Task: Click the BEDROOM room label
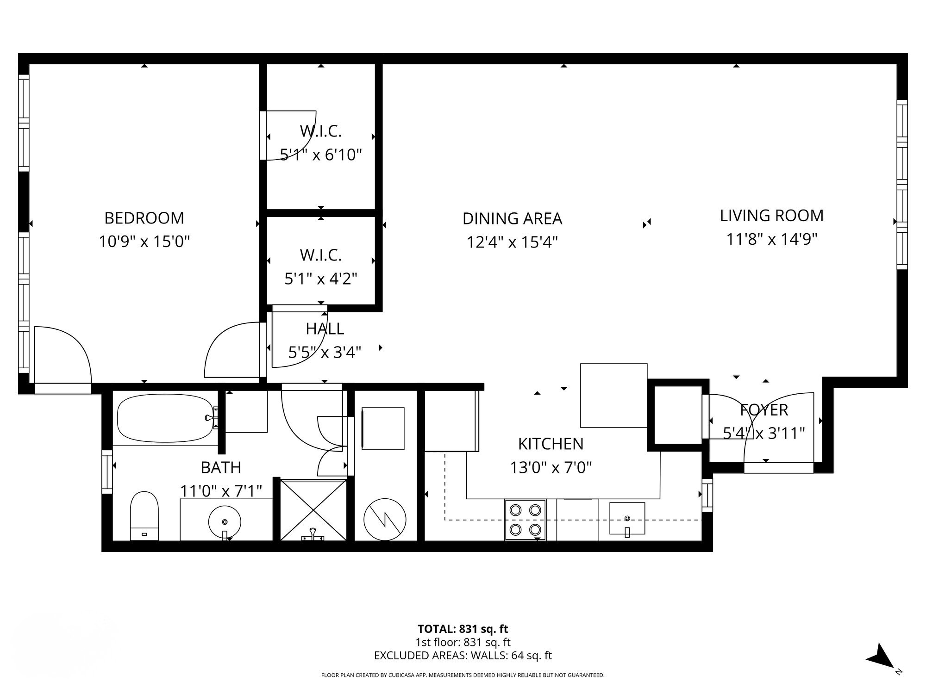tap(144, 218)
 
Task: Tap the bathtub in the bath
tap(165, 418)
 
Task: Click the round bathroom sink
tap(225, 521)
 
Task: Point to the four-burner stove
tap(526, 520)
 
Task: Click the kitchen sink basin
tap(627, 518)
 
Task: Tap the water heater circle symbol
tap(385, 520)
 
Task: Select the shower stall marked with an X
tap(313, 510)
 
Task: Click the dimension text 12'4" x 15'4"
tap(512, 242)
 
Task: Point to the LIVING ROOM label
tap(771, 216)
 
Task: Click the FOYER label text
tap(763, 410)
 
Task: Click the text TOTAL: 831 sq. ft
tap(463, 629)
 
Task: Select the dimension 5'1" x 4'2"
tap(321, 279)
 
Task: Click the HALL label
tap(325, 329)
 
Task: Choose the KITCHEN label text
tap(551, 444)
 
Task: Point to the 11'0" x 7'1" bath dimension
tap(221, 490)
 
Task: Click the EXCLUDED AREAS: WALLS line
tap(463, 656)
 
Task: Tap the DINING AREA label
tap(512, 218)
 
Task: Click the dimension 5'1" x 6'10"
tap(321, 155)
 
